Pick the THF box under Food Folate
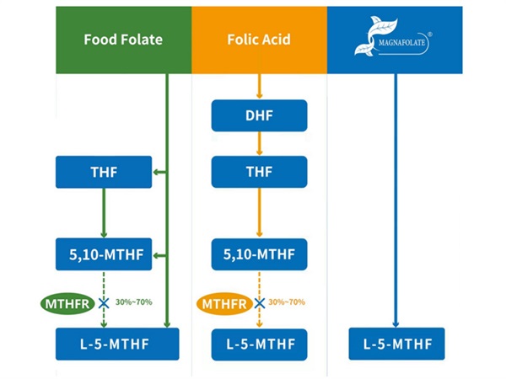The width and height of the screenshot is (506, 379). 104,173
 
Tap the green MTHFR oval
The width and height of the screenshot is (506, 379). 64,302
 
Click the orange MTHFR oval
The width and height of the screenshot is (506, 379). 223,302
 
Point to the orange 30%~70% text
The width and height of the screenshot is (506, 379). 287,302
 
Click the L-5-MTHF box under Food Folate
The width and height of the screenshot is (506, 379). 117,344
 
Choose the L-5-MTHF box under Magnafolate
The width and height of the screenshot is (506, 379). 396,344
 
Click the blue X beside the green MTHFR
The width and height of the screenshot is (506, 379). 104,302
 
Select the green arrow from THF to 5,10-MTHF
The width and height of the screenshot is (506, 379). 104,212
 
